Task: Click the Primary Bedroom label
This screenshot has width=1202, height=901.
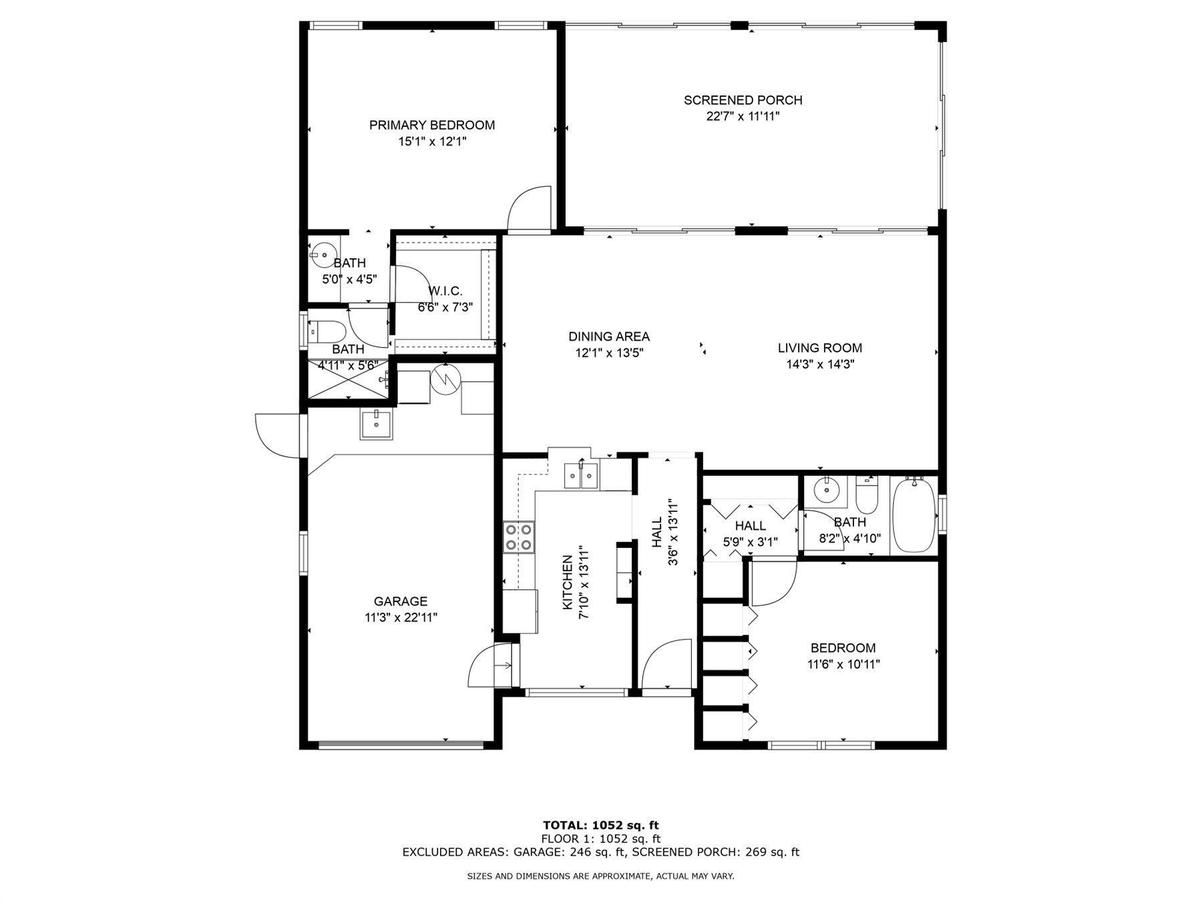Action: tap(432, 125)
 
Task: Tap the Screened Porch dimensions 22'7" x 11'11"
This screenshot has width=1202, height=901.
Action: tap(743, 117)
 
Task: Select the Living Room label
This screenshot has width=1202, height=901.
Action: tap(820, 348)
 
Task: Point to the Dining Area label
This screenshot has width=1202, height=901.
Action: tap(609, 337)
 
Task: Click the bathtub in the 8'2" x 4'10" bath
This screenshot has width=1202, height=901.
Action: tap(914, 515)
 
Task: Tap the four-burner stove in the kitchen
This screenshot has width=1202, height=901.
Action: tap(519, 537)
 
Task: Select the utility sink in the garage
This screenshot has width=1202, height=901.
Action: tap(377, 424)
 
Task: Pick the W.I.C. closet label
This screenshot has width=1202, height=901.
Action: tap(445, 291)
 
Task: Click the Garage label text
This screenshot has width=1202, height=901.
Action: tap(401, 601)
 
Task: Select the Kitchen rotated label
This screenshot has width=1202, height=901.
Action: tap(568, 582)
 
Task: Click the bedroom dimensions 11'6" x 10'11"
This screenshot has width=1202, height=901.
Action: tap(843, 664)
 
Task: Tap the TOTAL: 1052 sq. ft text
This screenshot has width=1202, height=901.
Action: tap(600, 826)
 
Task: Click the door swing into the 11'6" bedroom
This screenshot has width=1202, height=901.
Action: tap(773, 583)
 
